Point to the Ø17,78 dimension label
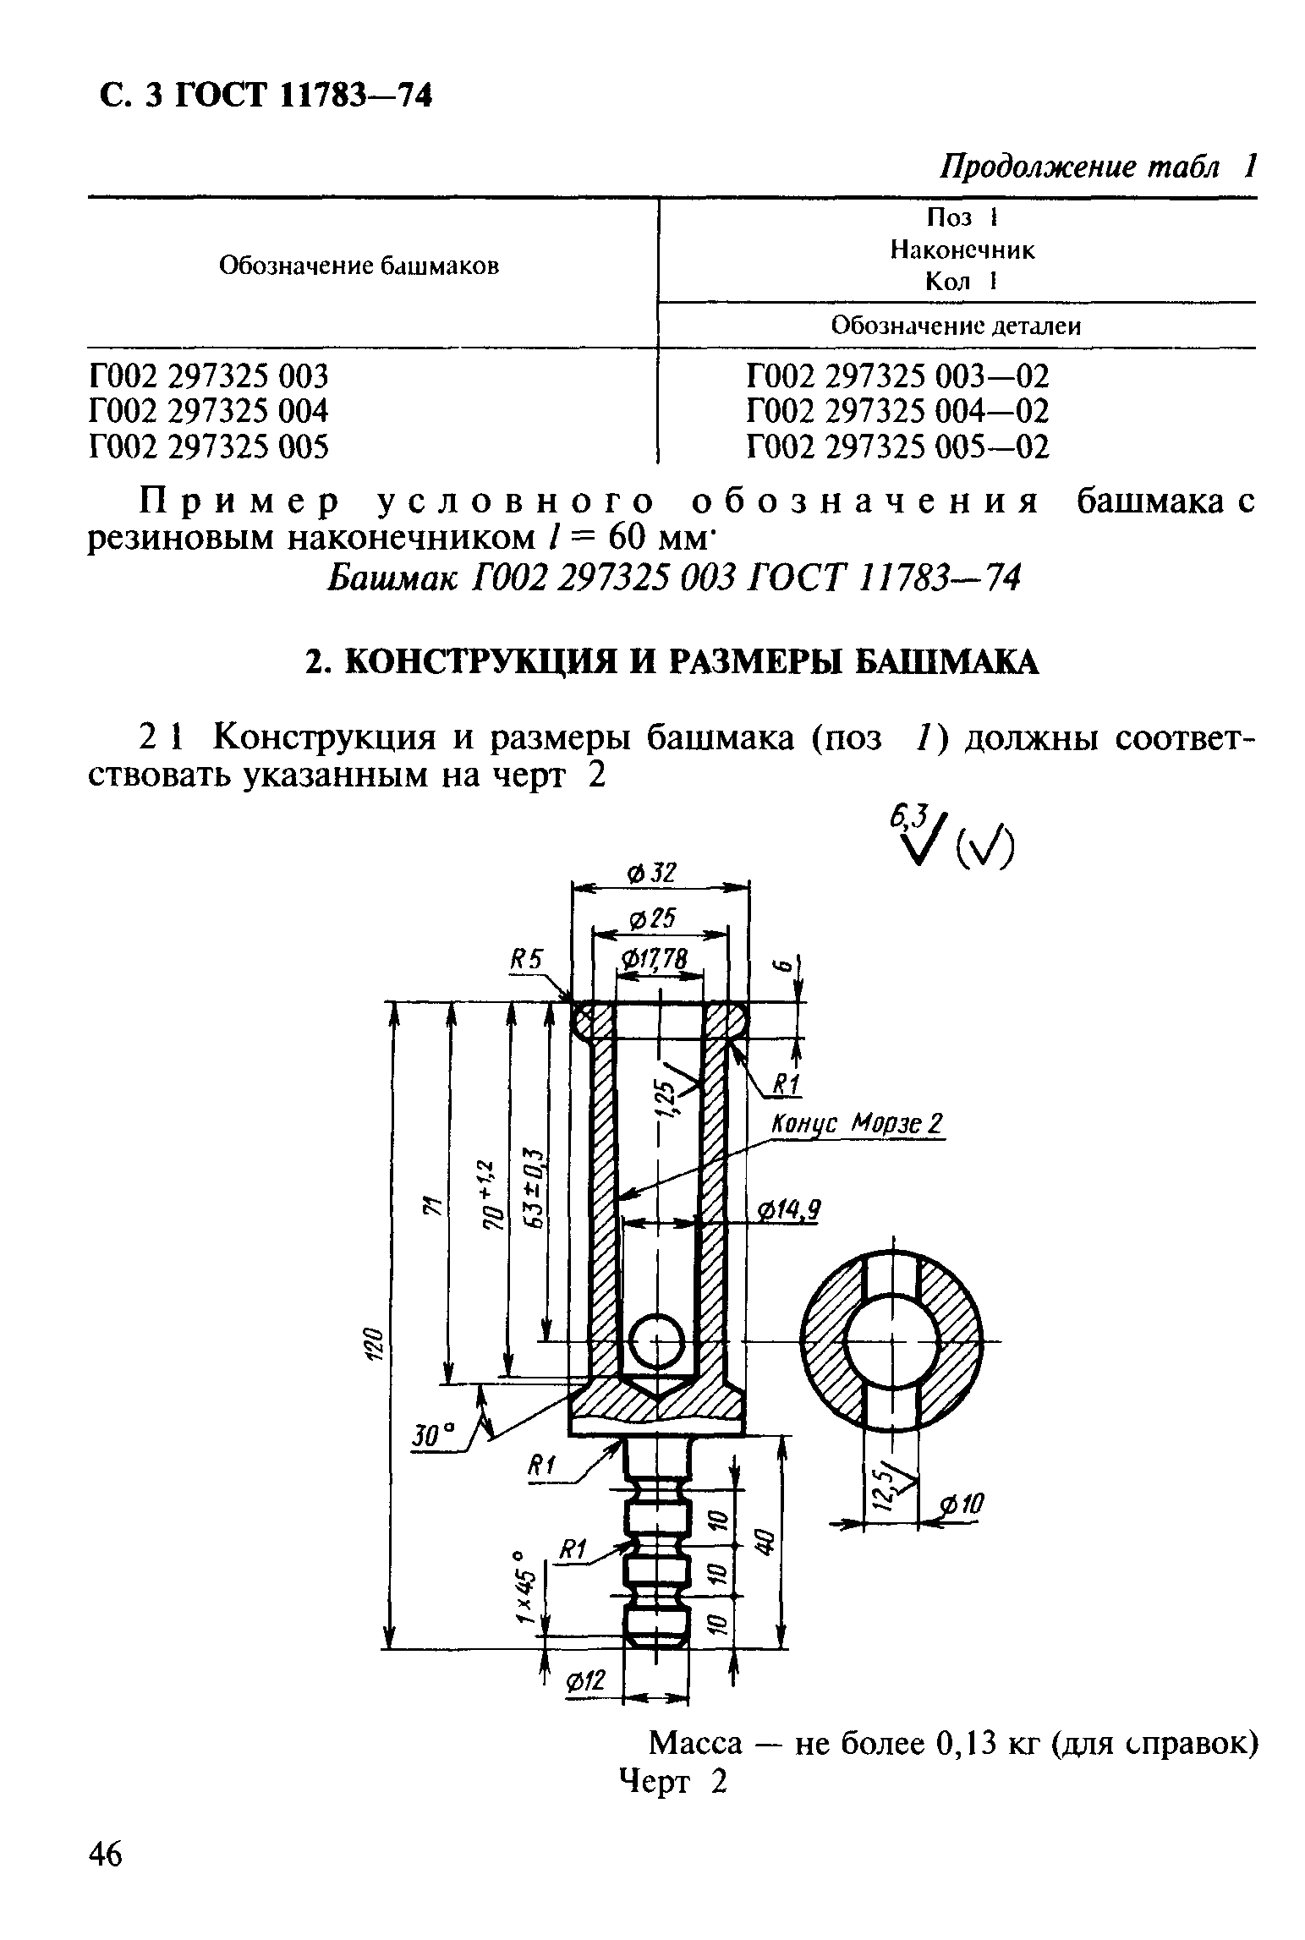(x=654, y=960)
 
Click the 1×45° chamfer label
(x=527, y=1587)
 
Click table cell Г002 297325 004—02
(x=897, y=411)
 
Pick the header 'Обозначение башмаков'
(x=359, y=266)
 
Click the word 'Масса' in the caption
(x=694, y=1743)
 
